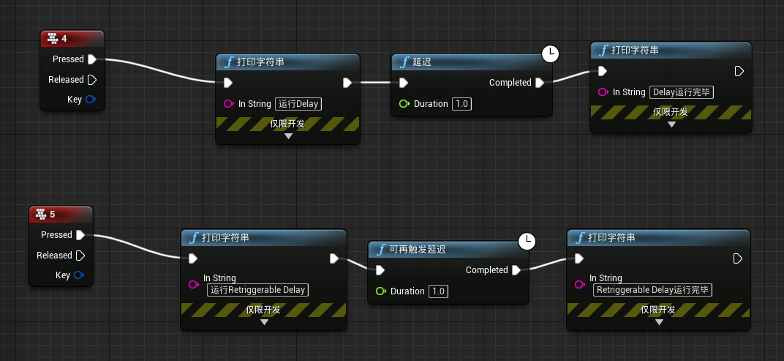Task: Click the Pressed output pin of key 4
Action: [92, 59]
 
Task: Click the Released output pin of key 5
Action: [80, 256]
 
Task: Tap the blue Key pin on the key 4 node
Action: [91, 100]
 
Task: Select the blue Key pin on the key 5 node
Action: [79, 275]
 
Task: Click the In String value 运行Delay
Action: [298, 104]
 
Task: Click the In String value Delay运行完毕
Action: [681, 92]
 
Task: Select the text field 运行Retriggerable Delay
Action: [257, 289]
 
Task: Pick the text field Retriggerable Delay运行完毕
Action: [652, 289]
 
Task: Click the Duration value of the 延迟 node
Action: [461, 104]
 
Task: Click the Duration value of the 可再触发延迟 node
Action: [438, 291]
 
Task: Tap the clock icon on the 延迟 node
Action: [550, 53]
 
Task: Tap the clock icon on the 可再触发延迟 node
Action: [527, 241]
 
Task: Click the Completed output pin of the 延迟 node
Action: [539, 83]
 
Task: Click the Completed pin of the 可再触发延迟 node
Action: [516, 270]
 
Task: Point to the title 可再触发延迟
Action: [418, 250]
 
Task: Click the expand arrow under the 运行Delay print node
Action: [288, 135]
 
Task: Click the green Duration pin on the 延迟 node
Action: [404, 104]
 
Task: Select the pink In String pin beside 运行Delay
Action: [228, 104]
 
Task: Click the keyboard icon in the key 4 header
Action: [52, 38]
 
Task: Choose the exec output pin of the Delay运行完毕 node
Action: [739, 71]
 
